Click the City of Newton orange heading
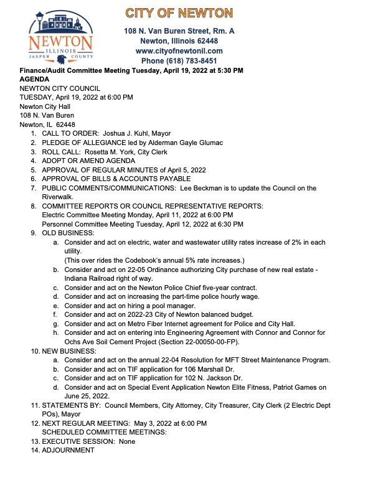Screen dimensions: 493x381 (x=179, y=13)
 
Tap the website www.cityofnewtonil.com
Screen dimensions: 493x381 (x=179, y=50)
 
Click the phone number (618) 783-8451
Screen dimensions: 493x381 (x=179, y=60)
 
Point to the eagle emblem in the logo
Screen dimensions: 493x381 (x=60, y=59)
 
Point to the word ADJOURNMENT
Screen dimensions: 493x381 (x=68, y=450)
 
